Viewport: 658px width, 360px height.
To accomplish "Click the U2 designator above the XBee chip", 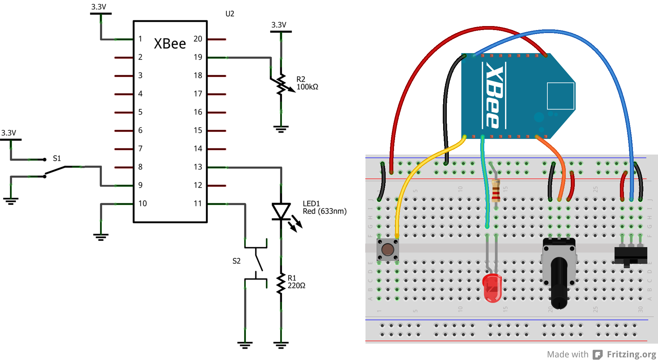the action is coord(230,14).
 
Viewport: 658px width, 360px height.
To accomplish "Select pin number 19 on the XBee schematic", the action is coord(198,57).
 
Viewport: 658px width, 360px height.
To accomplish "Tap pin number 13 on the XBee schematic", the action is coord(198,167).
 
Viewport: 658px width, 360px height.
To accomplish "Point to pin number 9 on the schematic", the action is coord(140,185).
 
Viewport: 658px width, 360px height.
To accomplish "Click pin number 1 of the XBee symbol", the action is coord(140,39).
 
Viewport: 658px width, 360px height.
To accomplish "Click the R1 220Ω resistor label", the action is coord(296,282).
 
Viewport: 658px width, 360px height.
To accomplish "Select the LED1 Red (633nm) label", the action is coord(324,207).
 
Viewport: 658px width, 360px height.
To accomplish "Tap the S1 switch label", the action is coord(57,158).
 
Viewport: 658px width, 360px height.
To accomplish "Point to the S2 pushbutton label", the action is coord(236,261).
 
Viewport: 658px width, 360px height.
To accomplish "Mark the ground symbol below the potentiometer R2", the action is coord(281,129).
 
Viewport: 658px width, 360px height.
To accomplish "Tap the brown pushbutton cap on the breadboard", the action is coord(388,249).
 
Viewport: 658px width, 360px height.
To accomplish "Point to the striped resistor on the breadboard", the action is coord(496,190).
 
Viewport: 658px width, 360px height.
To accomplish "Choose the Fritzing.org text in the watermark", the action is coord(631,354).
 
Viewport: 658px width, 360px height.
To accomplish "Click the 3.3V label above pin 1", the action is coord(99,7).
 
